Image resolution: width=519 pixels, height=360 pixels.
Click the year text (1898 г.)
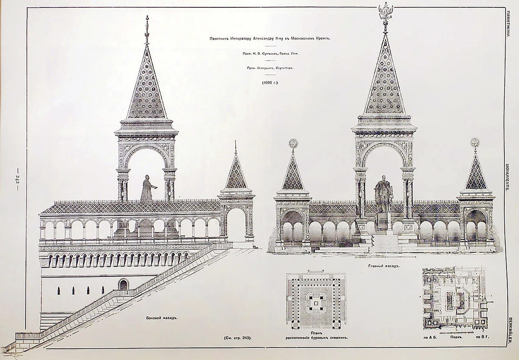(x=269, y=82)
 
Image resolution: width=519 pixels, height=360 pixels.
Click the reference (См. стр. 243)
(x=237, y=337)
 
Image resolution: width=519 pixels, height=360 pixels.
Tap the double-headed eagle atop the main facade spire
(x=385, y=12)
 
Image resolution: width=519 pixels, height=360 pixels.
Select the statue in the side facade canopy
(x=147, y=190)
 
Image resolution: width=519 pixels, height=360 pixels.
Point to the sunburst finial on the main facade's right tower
(x=475, y=142)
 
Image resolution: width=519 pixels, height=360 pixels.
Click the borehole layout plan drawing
(x=316, y=299)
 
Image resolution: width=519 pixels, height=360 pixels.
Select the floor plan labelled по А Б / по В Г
(x=454, y=299)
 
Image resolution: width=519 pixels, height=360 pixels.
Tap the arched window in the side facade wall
(x=123, y=284)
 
